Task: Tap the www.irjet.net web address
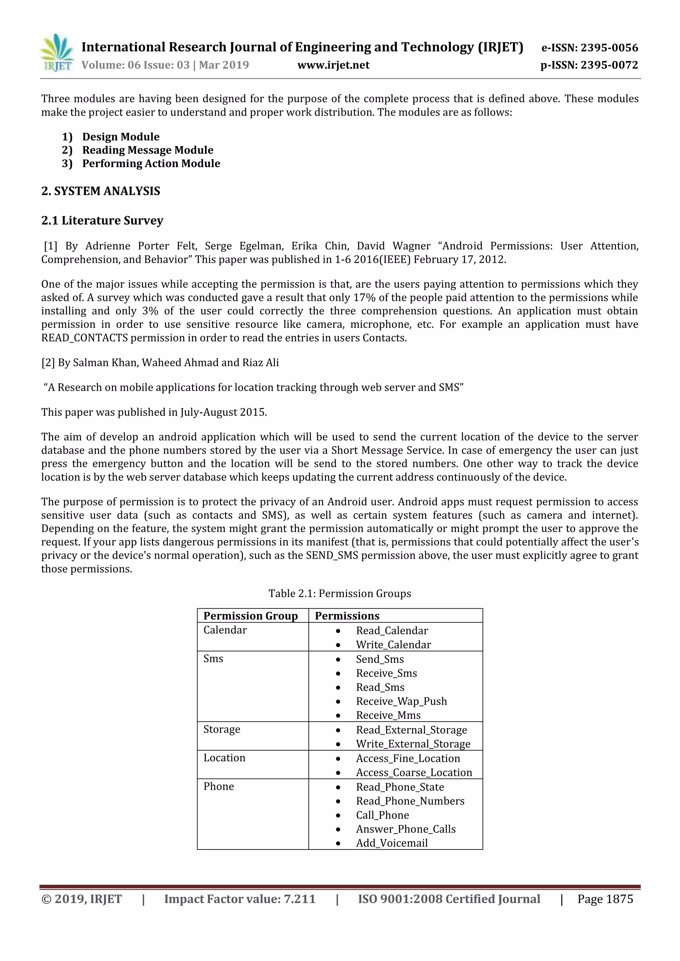(333, 65)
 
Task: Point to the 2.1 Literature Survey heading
(102, 221)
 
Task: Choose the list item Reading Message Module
(147, 150)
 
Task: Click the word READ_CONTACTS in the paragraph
(84, 338)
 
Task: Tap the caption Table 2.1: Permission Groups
(339, 593)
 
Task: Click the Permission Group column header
(250, 616)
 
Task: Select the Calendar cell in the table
(225, 630)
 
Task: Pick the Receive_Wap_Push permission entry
(401, 701)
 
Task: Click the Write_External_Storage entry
(413, 744)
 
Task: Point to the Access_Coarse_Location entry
(413, 772)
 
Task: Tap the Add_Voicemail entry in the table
(391, 843)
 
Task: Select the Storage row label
(222, 729)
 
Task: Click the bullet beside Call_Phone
(338, 815)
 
